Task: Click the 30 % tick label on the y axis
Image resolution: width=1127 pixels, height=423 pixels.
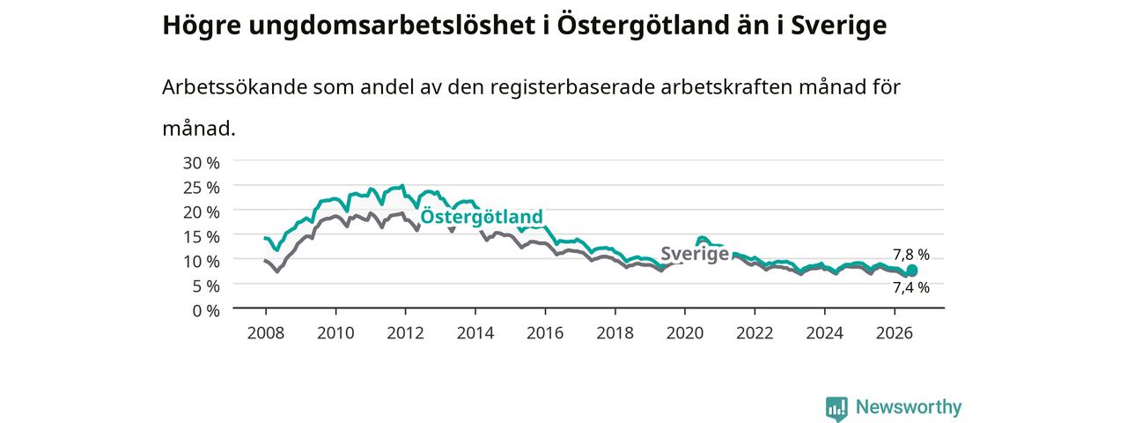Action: point(202,163)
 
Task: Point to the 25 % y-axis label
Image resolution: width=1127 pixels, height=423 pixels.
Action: point(202,188)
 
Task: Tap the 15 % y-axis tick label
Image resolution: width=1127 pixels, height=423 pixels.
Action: point(202,237)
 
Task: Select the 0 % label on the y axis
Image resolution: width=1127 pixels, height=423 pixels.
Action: point(206,311)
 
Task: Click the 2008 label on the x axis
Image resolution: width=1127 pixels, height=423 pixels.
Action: point(266,333)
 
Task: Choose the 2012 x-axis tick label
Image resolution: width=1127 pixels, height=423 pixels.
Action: point(406,333)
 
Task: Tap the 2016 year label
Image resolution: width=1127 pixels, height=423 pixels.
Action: point(545,333)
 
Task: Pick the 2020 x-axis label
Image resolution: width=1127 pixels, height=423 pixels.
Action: point(685,333)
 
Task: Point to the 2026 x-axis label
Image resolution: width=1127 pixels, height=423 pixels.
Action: point(895,333)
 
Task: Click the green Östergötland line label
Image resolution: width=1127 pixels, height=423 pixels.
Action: point(482,217)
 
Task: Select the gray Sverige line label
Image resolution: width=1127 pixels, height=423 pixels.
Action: point(695,254)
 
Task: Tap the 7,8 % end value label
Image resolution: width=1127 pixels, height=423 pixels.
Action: point(911,255)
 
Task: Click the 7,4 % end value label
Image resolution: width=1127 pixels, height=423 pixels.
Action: point(911,287)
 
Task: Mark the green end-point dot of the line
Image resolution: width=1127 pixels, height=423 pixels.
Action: point(911,271)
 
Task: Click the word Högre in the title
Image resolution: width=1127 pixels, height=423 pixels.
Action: point(202,26)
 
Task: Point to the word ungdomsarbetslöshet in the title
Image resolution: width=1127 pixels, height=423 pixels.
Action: point(392,26)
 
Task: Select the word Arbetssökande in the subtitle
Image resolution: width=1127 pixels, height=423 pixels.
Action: point(234,87)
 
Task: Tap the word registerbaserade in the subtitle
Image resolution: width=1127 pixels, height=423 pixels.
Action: point(571,87)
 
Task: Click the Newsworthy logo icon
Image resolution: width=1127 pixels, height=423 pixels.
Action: point(836,407)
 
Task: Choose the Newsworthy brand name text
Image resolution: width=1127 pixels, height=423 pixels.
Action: point(909,406)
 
